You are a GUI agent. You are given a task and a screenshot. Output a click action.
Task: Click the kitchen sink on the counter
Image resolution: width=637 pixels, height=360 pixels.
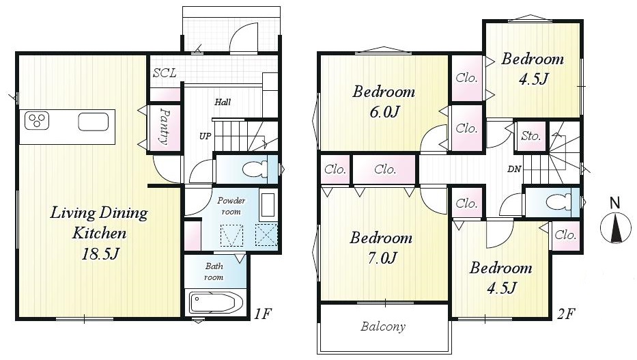(93, 122)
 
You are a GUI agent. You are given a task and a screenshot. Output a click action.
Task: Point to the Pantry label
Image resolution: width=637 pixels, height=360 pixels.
(164, 126)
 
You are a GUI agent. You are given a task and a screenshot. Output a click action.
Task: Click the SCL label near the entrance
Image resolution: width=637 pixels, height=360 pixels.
(165, 73)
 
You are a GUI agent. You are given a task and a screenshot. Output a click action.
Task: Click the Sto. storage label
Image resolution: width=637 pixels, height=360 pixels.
(530, 136)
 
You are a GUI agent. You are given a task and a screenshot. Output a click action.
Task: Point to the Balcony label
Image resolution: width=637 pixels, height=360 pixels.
(383, 327)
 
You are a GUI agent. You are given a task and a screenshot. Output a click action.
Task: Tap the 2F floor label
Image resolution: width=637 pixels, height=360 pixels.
(566, 314)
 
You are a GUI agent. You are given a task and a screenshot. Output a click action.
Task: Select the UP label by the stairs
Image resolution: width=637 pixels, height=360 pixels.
(205, 136)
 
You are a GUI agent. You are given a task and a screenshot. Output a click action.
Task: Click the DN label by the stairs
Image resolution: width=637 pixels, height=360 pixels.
(514, 169)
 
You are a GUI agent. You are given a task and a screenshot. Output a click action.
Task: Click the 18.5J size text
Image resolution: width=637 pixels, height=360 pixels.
(100, 254)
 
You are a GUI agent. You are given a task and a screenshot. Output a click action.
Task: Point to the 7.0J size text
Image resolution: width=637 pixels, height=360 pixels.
(382, 258)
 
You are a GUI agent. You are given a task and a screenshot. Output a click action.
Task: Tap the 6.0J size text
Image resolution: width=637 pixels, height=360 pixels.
(384, 111)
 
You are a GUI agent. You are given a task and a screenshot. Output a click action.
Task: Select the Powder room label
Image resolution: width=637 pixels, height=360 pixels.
(231, 206)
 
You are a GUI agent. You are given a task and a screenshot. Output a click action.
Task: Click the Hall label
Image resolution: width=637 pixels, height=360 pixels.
(223, 102)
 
